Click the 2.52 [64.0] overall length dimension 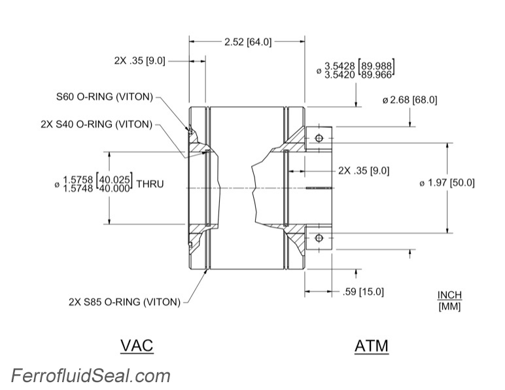click(x=247, y=42)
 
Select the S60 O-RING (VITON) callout click(x=104, y=97)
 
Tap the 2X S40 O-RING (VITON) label click(x=96, y=124)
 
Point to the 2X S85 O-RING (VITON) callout click(x=124, y=302)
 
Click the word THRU click(x=150, y=185)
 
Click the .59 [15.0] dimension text click(x=363, y=291)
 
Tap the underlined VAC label click(x=137, y=345)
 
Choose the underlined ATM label click(x=371, y=345)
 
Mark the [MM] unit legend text click(x=449, y=306)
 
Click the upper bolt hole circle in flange click(x=319, y=139)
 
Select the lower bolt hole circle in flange click(x=319, y=238)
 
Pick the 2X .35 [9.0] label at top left click(x=139, y=60)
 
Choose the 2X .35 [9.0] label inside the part click(x=364, y=170)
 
